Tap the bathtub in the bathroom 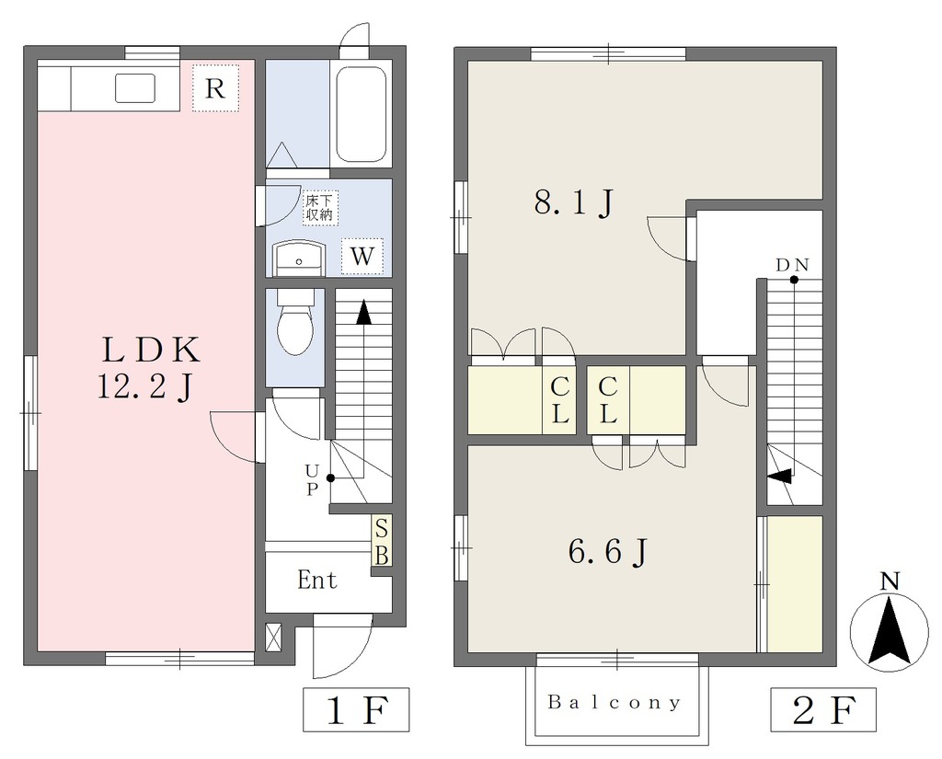click(361, 113)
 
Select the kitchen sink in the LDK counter click(135, 87)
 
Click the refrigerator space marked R click(215, 88)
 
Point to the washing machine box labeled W click(362, 257)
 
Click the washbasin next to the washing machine click(299, 259)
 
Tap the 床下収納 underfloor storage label click(319, 208)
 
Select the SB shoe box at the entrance click(382, 541)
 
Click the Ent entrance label click(317, 581)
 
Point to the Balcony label click(615, 702)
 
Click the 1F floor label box click(356, 709)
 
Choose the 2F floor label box click(823, 709)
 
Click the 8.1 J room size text click(574, 203)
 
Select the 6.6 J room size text click(607, 551)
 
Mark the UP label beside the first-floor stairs click(311, 479)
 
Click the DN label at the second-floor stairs click(792, 264)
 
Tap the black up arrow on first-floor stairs click(362, 313)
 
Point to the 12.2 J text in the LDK click(144, 387)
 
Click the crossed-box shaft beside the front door click(272, 637)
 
